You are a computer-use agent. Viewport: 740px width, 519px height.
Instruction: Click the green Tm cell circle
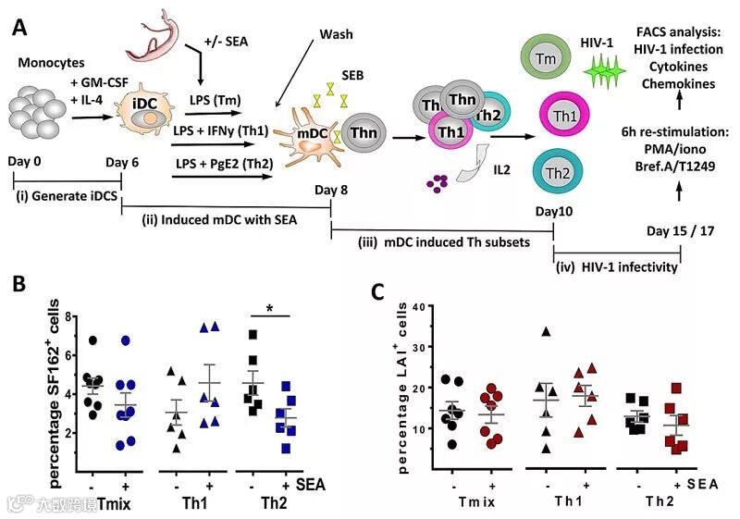pos(546,58)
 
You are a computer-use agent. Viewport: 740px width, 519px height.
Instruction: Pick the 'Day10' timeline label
pos(554,211)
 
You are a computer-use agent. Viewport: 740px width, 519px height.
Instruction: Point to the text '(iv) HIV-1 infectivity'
pos(618,267)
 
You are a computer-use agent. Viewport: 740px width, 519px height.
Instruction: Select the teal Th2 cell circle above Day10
pos(556,173)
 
